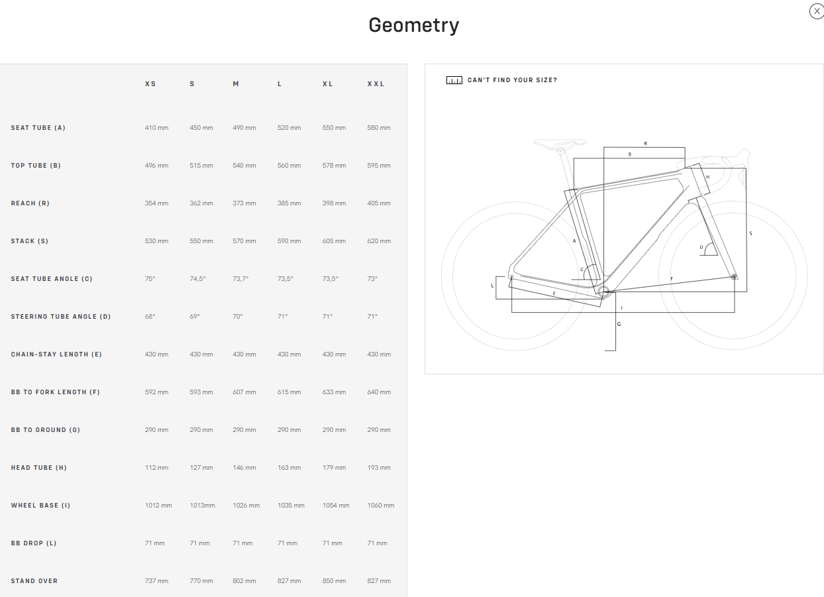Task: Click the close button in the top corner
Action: pyautogui.click(x=816, y=11)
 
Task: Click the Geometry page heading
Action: pyautogui.click(x=413, y=25)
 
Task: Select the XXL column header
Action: pyautogui.click(x=376, y=84)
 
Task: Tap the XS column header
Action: pyautogui.click(x=150, y=84)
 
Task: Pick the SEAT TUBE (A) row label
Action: pyautogui.click(x=38, y=128)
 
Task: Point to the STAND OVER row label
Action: pyautogui.click(x=34, y=581)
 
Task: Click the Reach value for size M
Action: pyautogui.click(x=244, y=203)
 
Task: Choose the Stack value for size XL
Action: pyautogui.click(x=334, y=241)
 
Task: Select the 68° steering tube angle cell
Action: pyautogui.click(x=150, y=317)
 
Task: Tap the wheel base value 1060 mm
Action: pyautogui.click(x=380, y=506)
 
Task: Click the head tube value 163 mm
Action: pyautogui.click(x=289, y=468)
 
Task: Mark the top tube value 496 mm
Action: pyautogui.click(x=156, y=166)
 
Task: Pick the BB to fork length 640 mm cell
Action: pyautogui.click(x=379, y=392)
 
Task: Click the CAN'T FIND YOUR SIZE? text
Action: pyautogui.click(x=512, y=80)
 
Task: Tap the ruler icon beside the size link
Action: pyautogui.click(x=454, y=80)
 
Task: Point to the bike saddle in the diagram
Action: pyautogui.click(x=560, y=142)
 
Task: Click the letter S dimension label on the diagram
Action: pyautogui.click(x=750, y=233)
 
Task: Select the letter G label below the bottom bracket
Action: pyautogui.click(x=619, y=324)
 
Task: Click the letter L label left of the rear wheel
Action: pyautogui.click(x=492, y=286)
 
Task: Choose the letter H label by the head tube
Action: pyautogui.click(x=707, y=177)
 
